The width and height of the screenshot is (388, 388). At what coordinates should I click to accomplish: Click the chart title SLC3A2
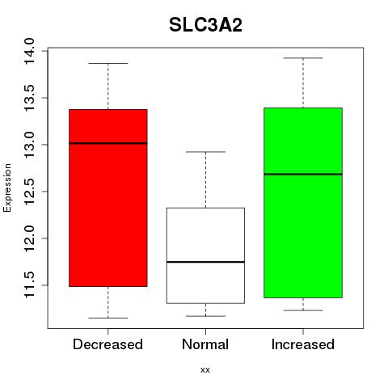[205, 25]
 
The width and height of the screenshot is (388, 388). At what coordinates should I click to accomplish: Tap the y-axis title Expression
[7, 188]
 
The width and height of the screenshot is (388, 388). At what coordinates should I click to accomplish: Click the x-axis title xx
[205, 369]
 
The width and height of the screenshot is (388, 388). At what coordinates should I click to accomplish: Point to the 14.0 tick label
[28, 51]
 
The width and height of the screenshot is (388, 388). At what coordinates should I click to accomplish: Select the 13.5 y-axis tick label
[28, 98]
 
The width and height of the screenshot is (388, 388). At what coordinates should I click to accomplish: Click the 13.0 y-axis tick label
[28, 145]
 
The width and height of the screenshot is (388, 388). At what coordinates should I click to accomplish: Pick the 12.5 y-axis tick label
[28, 192]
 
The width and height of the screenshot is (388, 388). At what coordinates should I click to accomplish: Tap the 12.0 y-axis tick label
[28, 238]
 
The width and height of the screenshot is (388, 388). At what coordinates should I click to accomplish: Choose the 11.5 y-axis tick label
[28, 285]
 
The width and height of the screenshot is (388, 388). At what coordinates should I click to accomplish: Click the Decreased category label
[108, 344]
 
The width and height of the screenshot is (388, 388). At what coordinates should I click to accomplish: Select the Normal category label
[205, 344]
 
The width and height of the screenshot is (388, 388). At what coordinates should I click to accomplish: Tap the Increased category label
[303, 344]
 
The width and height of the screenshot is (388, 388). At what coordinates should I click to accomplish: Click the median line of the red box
[108, 143]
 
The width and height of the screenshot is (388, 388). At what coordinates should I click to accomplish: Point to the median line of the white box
[205, 262]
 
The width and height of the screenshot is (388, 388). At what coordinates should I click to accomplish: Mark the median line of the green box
[303, 175]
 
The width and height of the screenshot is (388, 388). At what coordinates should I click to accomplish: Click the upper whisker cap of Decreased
[108, 63]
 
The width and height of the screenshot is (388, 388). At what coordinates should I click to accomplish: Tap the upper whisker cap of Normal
[205, 152]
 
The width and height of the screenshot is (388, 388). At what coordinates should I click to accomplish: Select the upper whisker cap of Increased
[303, 58]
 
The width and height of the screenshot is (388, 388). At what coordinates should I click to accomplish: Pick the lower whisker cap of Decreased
[108, 318]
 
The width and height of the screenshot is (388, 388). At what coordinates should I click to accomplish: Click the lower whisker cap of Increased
[303, 310]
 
